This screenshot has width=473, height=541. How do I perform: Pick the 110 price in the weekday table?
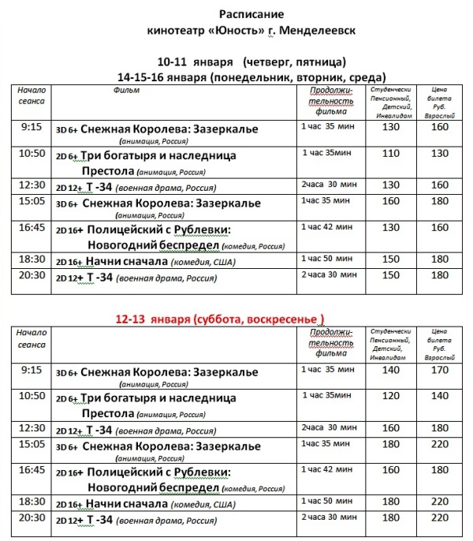[391, 154]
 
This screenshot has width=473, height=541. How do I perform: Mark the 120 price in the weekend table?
[391, 395]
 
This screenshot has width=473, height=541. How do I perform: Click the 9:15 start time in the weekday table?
[31, 126]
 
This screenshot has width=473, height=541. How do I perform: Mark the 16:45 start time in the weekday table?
[32, 228]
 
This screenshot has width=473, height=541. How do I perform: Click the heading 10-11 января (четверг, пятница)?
[251, 62]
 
